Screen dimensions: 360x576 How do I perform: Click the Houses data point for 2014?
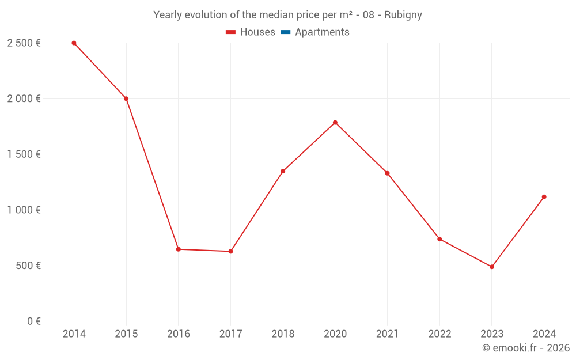coord(74,43)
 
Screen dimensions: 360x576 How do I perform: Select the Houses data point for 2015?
coord(126,98)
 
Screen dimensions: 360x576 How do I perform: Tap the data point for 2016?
coord(179,249)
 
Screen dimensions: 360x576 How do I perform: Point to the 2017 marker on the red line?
coord(230,251)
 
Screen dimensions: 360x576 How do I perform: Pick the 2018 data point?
coord(283,171)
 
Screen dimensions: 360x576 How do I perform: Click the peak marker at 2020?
coord(335,122)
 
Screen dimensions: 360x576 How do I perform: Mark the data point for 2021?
coord(387,173)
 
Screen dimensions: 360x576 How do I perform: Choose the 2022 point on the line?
coord(439,239)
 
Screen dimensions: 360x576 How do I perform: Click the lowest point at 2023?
coord(492,267)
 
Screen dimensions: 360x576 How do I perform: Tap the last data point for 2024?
coord(544,197)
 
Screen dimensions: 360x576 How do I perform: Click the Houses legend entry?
coord(251,32)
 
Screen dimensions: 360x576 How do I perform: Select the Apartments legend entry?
coord(315,32)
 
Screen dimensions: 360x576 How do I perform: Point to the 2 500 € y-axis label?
coord(24,43)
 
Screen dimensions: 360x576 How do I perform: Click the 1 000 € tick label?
coord(24,210)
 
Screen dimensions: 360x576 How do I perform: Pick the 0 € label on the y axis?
coord(33,321)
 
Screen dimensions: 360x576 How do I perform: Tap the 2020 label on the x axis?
coord(335,334)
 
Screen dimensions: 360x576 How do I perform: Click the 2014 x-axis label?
coord(74,334)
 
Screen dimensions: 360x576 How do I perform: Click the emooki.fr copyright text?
coord(526,348)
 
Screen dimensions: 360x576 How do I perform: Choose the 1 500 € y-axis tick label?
coord(24,154)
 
